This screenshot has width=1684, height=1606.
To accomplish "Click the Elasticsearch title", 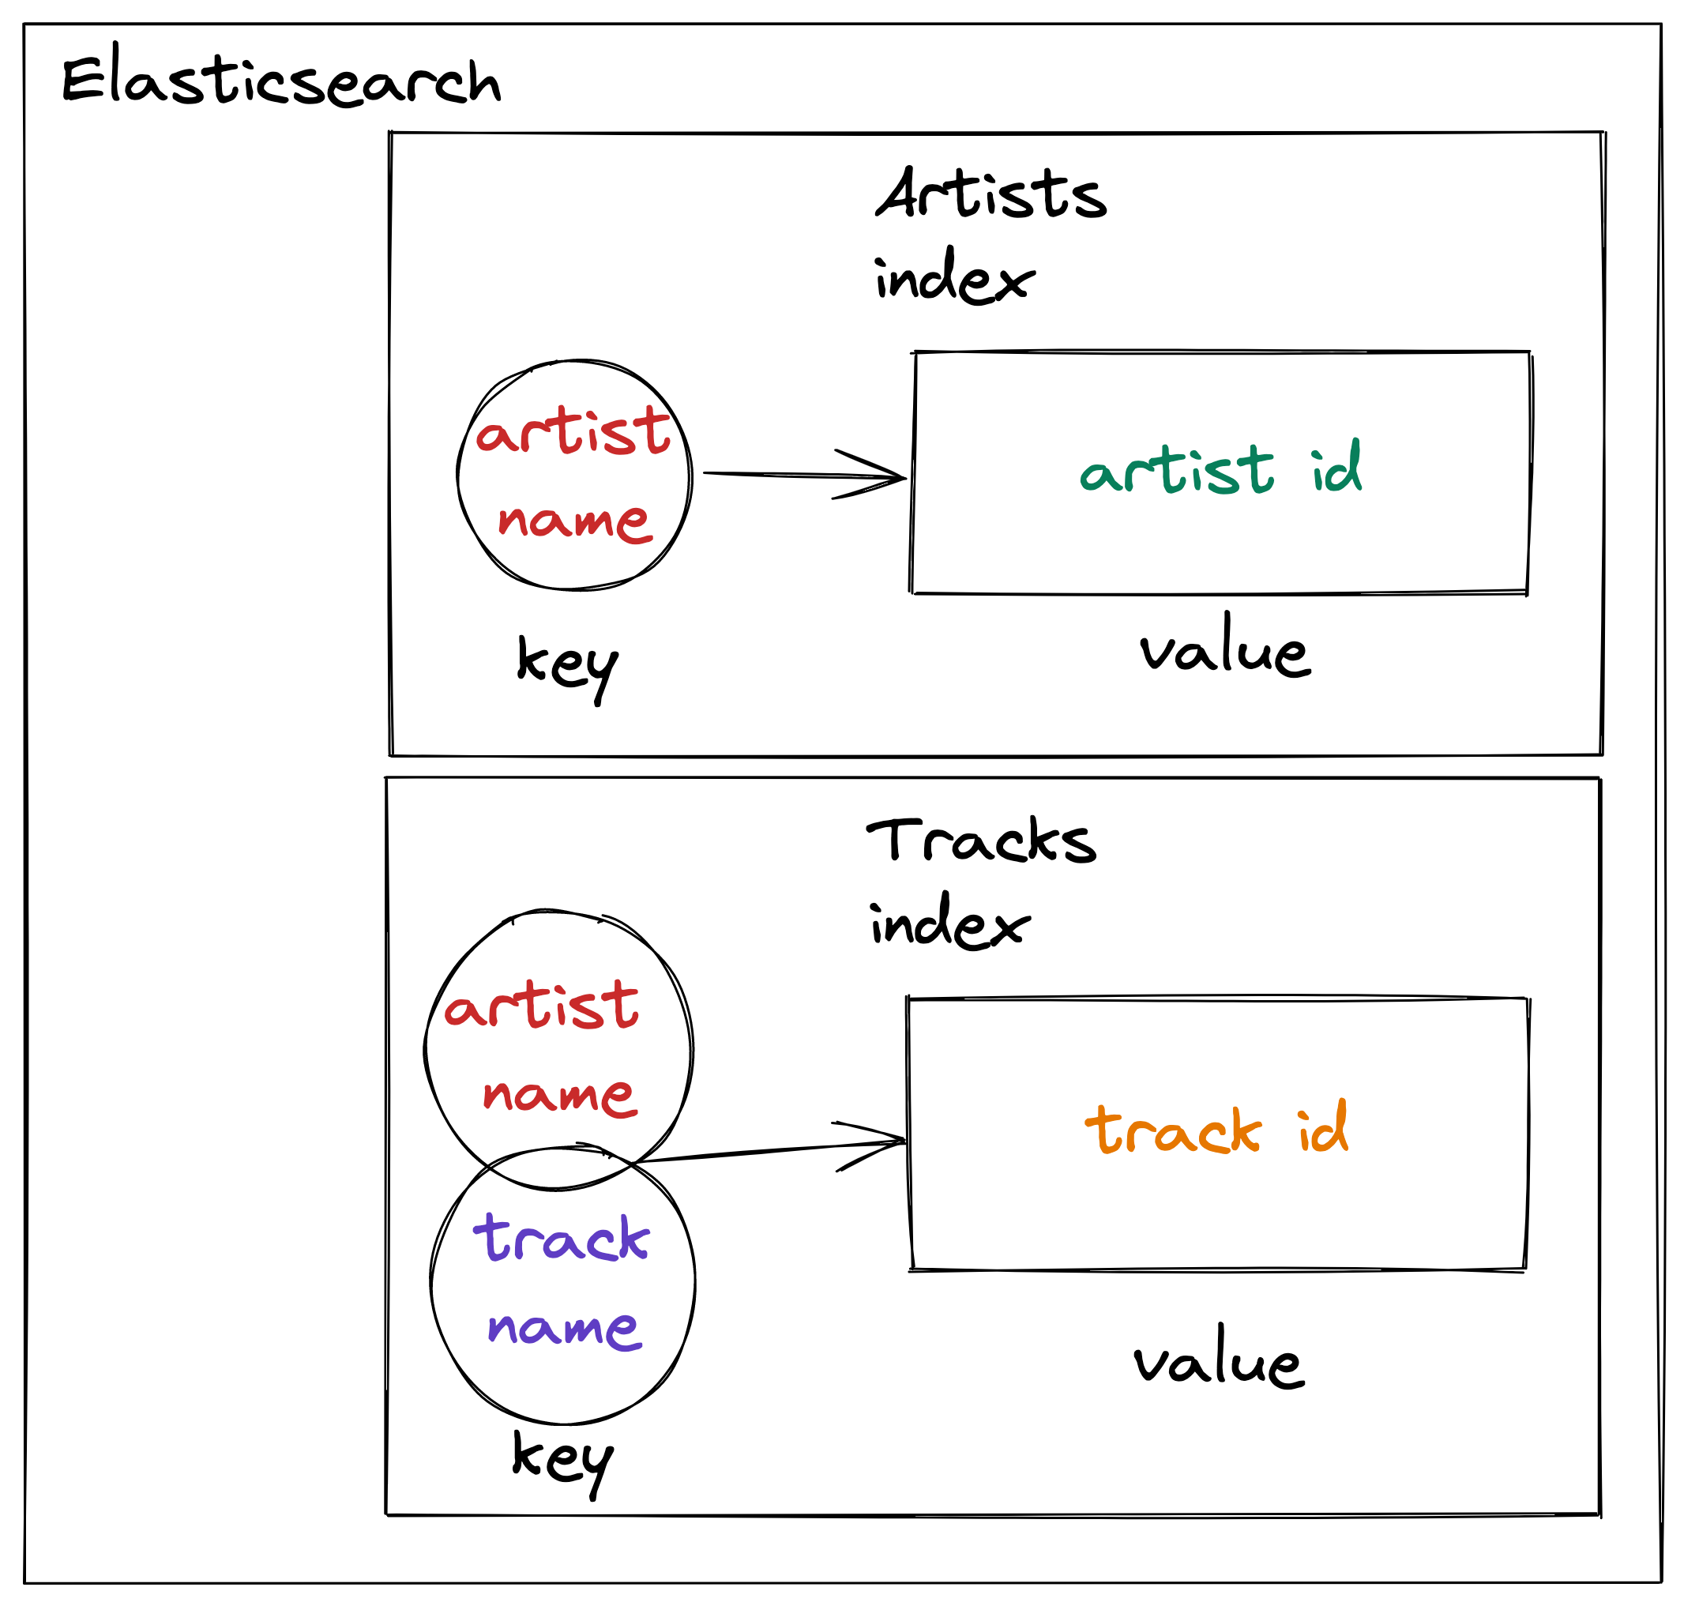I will [x=281, y=81].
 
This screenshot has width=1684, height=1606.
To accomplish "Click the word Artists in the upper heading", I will [x=990, y=194].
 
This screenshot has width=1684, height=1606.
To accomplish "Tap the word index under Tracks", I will [x=949, y=923].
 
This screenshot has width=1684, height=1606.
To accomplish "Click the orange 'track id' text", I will [x=1216, y=1128].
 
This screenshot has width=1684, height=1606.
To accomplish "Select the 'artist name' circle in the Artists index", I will [x=573, y=475].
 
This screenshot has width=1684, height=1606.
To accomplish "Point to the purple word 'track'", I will [x=562, y=1239].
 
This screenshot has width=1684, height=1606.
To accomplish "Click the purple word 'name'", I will [x=563, y=1328].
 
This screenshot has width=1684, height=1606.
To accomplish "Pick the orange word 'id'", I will [x=1323, y=1126].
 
